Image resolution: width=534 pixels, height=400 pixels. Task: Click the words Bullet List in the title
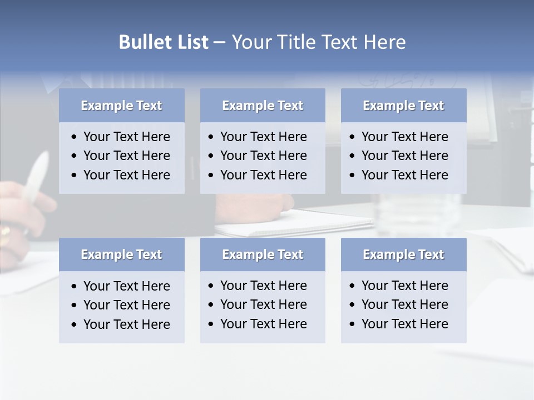pos(163,42)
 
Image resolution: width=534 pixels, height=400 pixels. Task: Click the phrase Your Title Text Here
pos(318,42)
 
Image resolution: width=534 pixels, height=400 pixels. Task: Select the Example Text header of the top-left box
pos(121,106)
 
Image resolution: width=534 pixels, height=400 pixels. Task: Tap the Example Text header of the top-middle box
pos(263,106)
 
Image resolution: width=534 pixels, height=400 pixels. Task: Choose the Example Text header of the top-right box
pos(403,106)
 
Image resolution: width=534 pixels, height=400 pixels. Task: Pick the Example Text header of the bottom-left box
pos(121,254)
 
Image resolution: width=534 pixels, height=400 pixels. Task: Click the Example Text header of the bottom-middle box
pos(263,254)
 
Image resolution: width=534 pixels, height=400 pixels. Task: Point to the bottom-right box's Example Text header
pos(403,254)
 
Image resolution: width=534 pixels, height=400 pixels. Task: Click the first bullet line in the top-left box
pos(126,137)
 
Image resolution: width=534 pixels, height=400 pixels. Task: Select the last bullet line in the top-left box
pos(126,175)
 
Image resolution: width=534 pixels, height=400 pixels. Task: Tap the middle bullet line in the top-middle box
pos(263,156)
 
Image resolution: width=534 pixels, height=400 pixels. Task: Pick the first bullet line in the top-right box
pos(404,137)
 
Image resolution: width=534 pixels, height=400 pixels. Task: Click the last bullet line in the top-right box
pos(404,175)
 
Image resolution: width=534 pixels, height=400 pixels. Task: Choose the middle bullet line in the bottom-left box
pos(126,305)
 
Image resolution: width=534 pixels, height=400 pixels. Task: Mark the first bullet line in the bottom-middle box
pos(263,286)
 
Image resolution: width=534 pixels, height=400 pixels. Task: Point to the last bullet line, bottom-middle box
pos(263,324)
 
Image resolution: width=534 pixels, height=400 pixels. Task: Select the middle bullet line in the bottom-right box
pos(404,304)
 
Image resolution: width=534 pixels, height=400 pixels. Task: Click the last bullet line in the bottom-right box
pos(404,324)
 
